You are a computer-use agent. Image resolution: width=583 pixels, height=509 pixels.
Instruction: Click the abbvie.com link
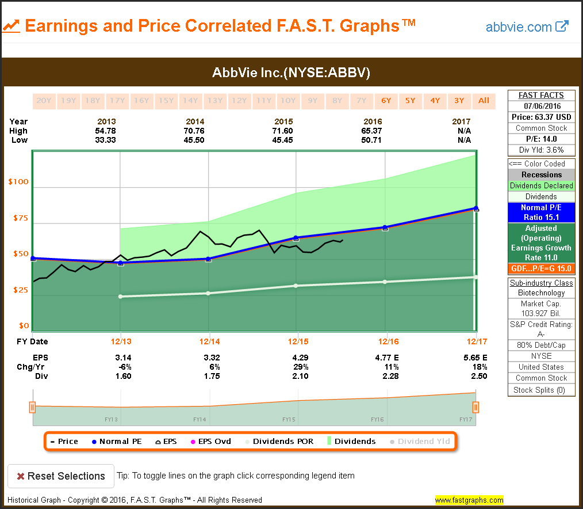pos(527,26)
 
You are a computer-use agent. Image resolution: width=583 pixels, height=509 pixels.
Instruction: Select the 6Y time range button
pos(386,101)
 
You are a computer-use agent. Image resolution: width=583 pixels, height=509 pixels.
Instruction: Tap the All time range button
pos(484,101)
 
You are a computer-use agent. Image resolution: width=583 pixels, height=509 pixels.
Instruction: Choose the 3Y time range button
pos(459,101)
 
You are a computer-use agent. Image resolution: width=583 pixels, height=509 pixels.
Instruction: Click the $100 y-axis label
pos(18,182)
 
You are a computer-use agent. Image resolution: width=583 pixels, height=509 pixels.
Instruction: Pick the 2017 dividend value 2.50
pos(479,376)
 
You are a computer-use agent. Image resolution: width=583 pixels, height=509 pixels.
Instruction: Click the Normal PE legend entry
pos(117,442)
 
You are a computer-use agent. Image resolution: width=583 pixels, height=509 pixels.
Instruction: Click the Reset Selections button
pos(61,476)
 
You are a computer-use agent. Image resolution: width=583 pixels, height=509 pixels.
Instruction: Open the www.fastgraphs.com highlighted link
pos(469,500)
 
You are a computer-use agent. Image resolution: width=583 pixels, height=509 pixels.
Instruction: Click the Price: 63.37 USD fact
pos(541,117)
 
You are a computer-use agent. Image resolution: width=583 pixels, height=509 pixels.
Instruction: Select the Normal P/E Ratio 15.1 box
pos(541,212)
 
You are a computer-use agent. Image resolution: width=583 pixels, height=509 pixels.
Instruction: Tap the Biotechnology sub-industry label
pos(541,293)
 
